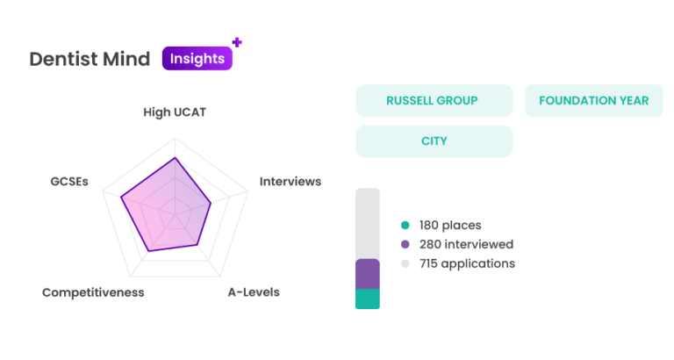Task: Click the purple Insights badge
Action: (197, 59)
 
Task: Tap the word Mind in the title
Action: (128, 60)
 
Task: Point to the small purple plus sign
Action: (236, 40)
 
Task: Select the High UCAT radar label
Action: (175, 112)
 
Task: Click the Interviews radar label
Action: (290, 182)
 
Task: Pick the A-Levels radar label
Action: (254, 292)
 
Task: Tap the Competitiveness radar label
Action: (93, 292)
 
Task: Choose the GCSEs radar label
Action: (68, 182)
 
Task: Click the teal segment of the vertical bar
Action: (367, 299)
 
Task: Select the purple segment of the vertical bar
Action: (367, 274)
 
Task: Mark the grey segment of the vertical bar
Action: (367, 223)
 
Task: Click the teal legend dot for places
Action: (405, 225)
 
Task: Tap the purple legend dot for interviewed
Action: (405, 244)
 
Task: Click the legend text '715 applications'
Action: (466, 263)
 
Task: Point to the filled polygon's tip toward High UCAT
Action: (175, 157)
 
